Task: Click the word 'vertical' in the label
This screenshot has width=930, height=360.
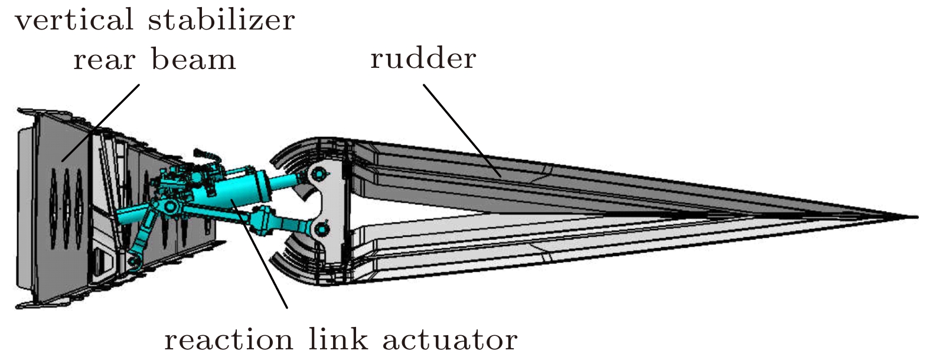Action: tap(74, 20)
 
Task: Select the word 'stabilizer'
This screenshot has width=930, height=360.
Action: tap(221, 20)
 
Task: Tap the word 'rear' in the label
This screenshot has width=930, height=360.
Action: tap(104, 60)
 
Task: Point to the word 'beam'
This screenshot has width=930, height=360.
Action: tap(193, 60)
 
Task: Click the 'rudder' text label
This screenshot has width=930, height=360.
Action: tap(423, 58)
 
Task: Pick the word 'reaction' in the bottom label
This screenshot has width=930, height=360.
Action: tap(228, 340)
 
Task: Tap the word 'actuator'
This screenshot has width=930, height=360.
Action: tap(449, 340)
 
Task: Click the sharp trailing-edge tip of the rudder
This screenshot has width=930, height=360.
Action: tap(915, 217)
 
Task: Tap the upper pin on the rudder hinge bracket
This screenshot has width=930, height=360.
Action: tap(319, 174)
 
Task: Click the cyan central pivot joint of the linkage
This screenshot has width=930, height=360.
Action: tap(169, 207)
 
